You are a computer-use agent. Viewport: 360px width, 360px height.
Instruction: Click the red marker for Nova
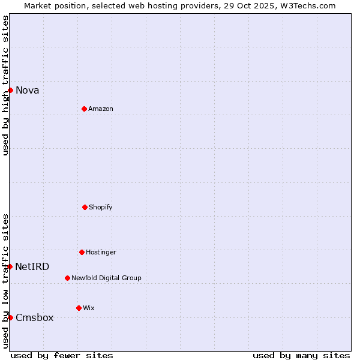coord(10,90)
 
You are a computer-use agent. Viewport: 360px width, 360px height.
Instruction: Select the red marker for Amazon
coord(84,109)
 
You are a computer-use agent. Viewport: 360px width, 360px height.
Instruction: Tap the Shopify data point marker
coord(85,207)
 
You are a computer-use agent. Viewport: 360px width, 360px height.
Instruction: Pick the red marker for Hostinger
coord(82,252)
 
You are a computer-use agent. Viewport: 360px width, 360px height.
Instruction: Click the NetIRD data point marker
coord(10,266)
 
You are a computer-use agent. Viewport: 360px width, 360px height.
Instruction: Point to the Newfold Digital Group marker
coord(67,278)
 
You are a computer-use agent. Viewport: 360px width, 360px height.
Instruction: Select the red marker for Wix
coord(79,308)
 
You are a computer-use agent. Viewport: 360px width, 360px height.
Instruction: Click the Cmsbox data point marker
coord(10,317)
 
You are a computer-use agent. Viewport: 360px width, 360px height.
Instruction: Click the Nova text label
coord(28,90)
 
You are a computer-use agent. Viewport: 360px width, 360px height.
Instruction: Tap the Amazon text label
coord(101,109)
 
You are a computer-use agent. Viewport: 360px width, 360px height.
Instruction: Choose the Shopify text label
coord(101,207)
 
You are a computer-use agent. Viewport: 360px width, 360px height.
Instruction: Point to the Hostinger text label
coord(101,252)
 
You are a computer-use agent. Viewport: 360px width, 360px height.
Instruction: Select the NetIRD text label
coord(32,266)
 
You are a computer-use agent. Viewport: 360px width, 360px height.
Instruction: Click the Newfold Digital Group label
coord(106,278)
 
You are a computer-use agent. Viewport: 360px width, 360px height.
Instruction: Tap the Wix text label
coord(89,308)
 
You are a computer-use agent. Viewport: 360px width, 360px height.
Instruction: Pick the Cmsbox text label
coord(34,317)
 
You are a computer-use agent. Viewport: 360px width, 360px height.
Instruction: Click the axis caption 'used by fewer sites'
coord(62,355)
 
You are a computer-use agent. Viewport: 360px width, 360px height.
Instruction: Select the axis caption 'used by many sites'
coord(301,355)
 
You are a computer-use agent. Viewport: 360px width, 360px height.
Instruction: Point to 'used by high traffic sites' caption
coord(5,85)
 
